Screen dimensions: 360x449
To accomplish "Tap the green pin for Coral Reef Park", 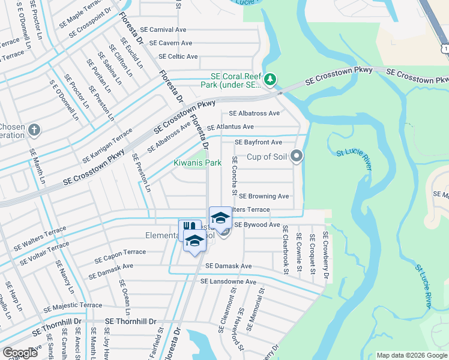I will [x=270, y=79].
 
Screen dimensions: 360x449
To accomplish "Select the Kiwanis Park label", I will [x=197, y=163].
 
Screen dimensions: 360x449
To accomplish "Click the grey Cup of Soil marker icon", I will [x=295, y=157].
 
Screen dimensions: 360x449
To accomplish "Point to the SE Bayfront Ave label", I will [x=258, y=143].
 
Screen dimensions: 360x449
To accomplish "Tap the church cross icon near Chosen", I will [x=35, y=130].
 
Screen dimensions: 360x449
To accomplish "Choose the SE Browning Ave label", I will [x=264, y=196].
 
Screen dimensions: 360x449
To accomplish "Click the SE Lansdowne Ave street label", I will [x=228, y=281].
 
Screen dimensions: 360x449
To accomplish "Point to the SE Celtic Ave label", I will [x=178, y=57].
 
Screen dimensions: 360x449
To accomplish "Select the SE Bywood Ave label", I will [x=257, y=225].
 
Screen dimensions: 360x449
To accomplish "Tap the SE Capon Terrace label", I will [x=120, y=256].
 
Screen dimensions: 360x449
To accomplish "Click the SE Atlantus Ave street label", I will [x=230, y=127].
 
